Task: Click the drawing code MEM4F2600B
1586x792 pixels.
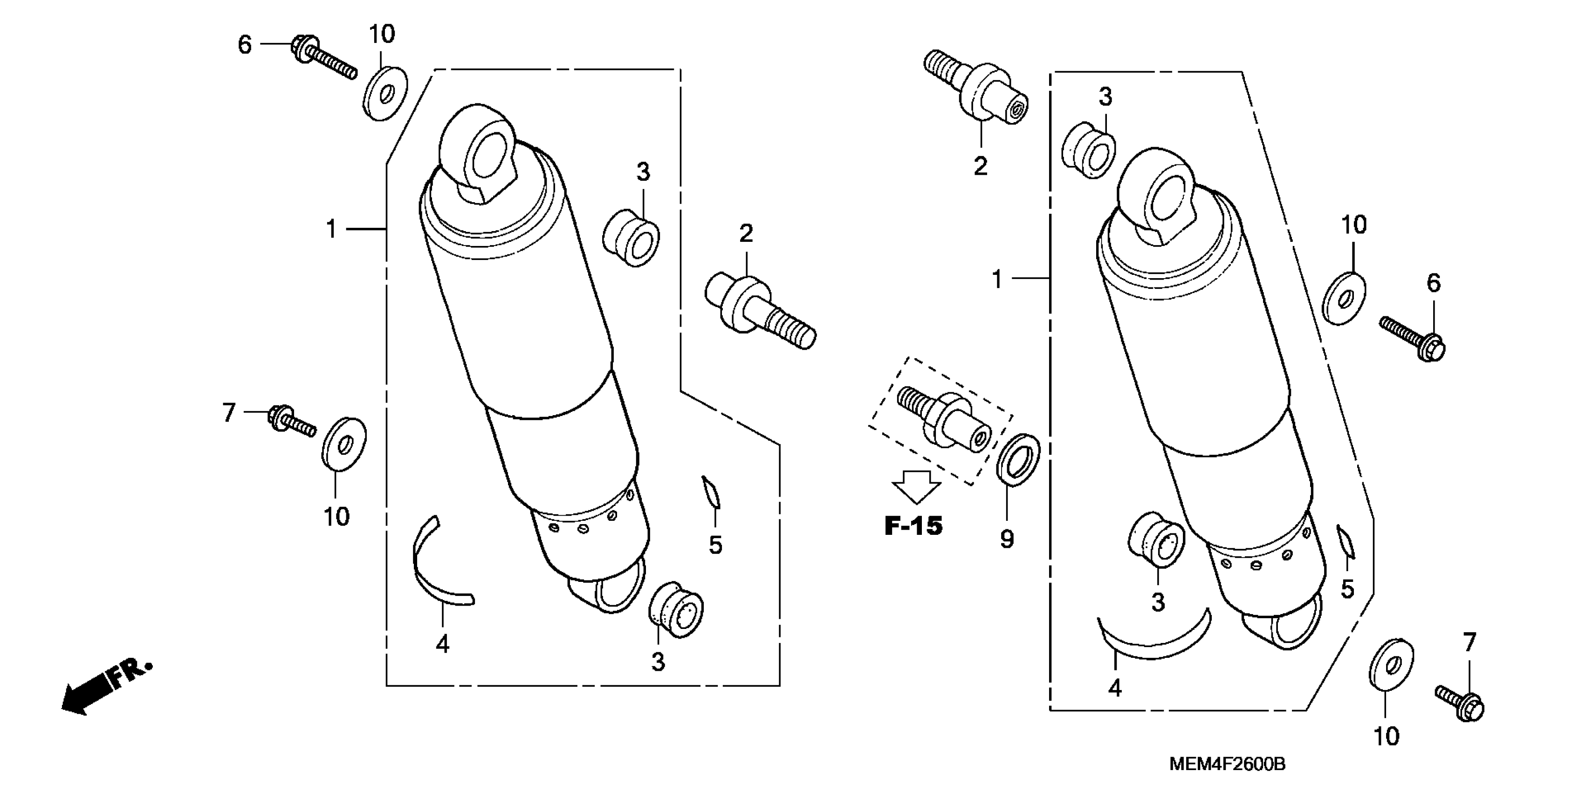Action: pyautogui.click(x=1227, y=765)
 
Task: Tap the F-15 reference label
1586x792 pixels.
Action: pyautogui.click(x=913, y=526)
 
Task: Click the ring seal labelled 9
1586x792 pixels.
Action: pyautogui.click(x=1018, y=458)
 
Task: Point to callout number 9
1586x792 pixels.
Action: pyautogui.click(x=1007, y=539)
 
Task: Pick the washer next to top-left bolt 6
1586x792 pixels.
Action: pyautogui.click(x=385, y=94)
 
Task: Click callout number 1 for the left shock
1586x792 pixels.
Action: pyautogui.click(x=331, y=229)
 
